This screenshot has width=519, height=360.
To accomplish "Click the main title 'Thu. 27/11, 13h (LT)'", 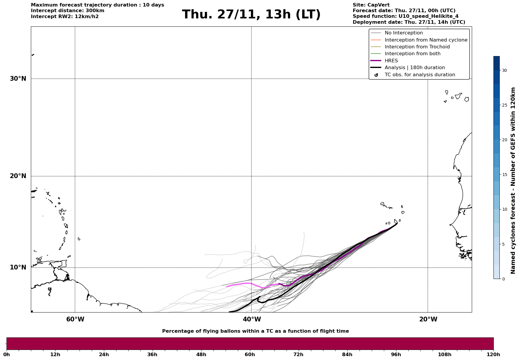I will tap(251, 15).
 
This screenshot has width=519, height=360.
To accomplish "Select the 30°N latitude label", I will tap(18, 79).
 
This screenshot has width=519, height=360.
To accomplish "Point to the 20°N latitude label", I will tap(18, 176).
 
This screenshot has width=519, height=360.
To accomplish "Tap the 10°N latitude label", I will tap(18, 267).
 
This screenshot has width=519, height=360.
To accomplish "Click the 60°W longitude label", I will tap(75, 319).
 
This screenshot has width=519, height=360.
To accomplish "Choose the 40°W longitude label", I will tap(252, 319).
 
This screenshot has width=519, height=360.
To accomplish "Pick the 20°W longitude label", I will tap(428, 319).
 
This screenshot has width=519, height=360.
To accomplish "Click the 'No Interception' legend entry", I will tap(404, 33).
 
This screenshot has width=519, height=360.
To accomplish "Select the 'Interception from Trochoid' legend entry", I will tap(417, 47).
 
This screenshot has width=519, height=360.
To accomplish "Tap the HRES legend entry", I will tap(391, 61).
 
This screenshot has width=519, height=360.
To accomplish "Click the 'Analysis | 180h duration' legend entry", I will tap(414, 68).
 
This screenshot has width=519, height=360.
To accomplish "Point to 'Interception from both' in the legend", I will tap(412, 54).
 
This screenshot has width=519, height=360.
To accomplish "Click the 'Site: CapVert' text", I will tap(371, 5).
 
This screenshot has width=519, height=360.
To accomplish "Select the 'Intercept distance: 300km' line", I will tap(68, 11).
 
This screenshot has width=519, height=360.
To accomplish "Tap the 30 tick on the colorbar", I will tap(504, 70).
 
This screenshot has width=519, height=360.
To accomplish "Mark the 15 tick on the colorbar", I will tap(504, 175).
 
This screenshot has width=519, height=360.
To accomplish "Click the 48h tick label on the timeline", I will tap(201, 354).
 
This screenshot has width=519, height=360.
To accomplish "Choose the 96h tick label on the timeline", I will tap(396, 354).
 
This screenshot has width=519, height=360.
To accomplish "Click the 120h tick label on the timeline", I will tap(493, 354).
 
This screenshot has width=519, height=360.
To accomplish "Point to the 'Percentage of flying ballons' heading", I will tap(255, 331).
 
